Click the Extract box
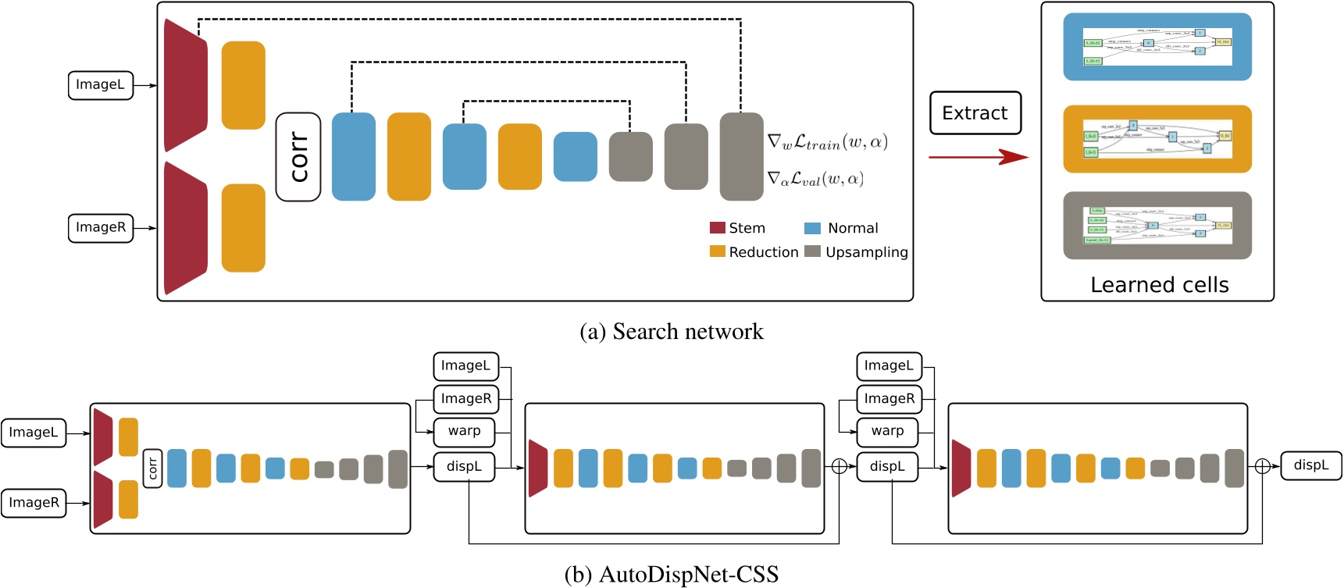(x=975, y=113)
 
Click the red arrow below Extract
(x=978, y=157)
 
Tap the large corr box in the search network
(x=298, y=157)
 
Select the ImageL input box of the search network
(x=100, y=85)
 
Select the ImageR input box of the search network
(x=100, y=228)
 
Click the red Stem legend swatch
(x=717, y=228)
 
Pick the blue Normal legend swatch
(x=812, y=228)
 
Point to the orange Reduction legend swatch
(x=717, y=251)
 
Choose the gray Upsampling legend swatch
(x=812, y=251)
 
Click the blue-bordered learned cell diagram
(x=1157, y=47)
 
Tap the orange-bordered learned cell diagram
(x=1157, y=139)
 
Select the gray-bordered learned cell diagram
(x=1157, y=226)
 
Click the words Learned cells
(x=1159, y=285)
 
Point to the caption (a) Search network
(x=672, y=332)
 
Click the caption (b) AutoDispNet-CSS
(x=672, y=575)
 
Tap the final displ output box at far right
(x=1310, y=466)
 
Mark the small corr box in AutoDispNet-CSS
(x=152, y=469)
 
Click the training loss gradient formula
(x=827, y=143)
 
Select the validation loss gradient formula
(x=815, y=180)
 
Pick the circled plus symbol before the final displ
(x=1262, y=467)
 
